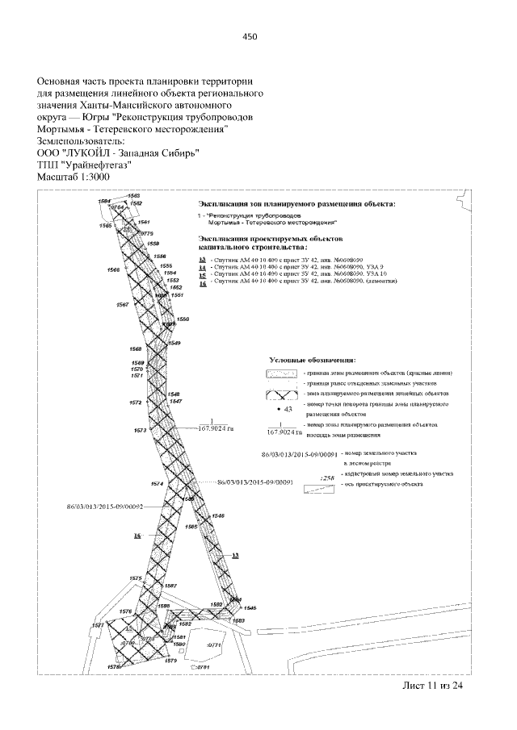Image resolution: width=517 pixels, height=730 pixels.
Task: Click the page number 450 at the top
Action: coord(250,36)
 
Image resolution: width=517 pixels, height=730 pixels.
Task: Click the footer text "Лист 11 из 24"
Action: coord(434,686)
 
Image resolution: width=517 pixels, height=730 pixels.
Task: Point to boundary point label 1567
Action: coord(123,305)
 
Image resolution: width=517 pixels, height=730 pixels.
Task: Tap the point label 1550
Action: coord(183,319)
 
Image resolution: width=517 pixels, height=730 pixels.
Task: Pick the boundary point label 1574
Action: coord(157,484)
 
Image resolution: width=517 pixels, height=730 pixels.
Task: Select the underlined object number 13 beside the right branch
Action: coord(236,556)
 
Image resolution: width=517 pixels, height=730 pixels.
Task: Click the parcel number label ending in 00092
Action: coord(105,507)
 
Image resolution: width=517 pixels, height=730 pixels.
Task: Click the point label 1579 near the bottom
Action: coord(170,661)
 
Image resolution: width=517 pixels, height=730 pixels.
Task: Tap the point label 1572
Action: coord(136,402)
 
